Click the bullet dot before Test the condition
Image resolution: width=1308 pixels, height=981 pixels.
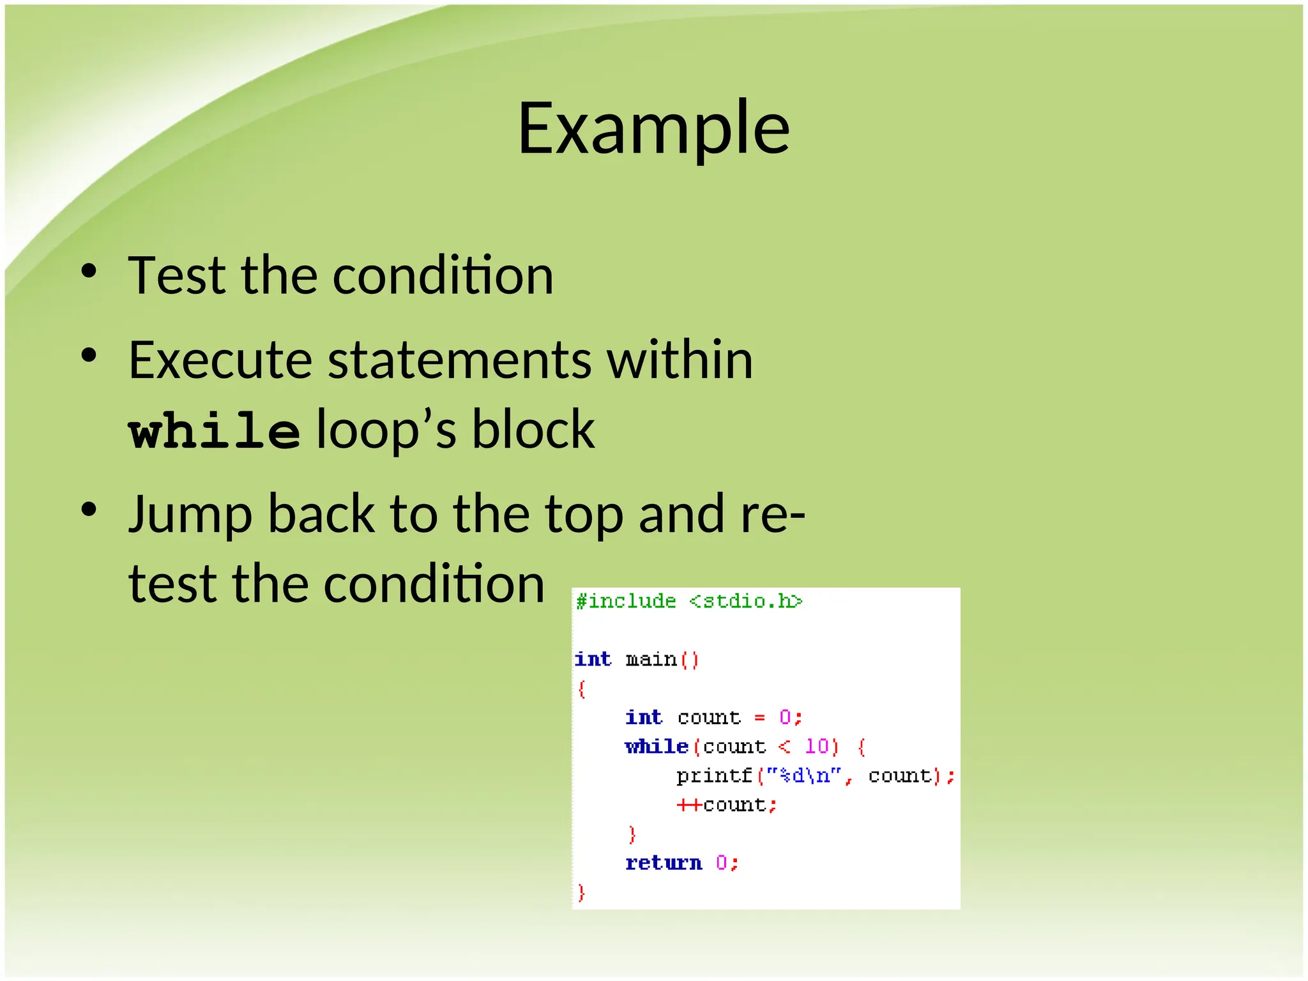[x=89, y=271]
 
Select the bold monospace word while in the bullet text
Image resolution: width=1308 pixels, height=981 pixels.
[x=214, y=431]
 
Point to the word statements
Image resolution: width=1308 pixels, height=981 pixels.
[x=459, y=360]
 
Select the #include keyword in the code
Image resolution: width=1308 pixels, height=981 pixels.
[x=625, y=602]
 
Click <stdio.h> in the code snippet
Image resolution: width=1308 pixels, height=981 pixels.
[x=745, y=602]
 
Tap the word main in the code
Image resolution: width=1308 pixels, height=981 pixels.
[x=651, y=659]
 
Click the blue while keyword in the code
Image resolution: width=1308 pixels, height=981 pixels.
[x=656, y=747]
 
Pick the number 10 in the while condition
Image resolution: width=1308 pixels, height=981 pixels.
[x=817, y=747]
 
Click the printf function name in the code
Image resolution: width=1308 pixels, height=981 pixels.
[x=714, y=776]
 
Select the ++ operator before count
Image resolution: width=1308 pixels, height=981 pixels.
[x=689, y=805]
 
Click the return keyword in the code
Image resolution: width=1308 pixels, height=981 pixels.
[x=663, y=863]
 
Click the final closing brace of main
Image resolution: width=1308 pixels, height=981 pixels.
[x=581, y=892]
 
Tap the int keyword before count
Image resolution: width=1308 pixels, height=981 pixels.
[x=643, y=718]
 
